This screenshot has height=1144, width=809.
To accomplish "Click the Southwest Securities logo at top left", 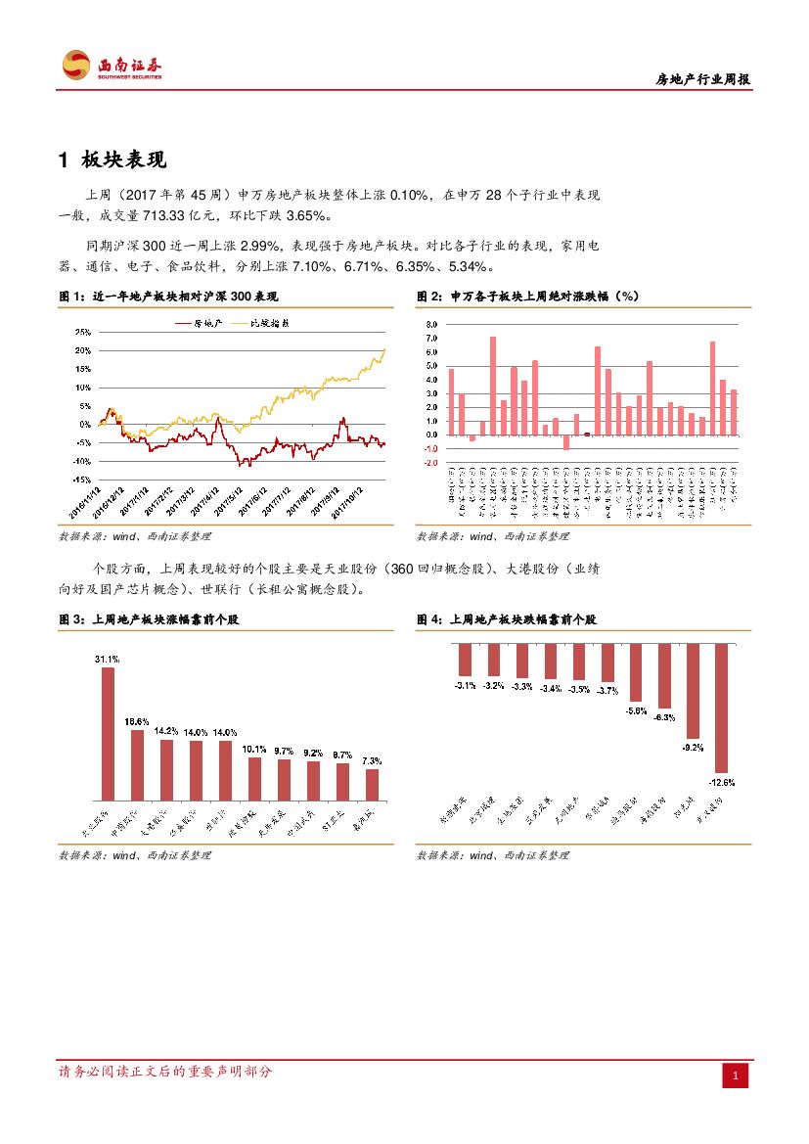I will coord(112,66).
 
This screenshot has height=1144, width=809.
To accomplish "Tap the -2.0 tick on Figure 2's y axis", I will coord(432,463).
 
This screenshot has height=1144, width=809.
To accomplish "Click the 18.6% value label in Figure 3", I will coord(137,721).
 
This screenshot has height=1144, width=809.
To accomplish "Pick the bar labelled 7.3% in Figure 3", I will coord(372,784).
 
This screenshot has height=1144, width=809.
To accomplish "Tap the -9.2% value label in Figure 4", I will coord(694,748).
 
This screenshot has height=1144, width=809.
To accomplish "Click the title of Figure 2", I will coord(528,296).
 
